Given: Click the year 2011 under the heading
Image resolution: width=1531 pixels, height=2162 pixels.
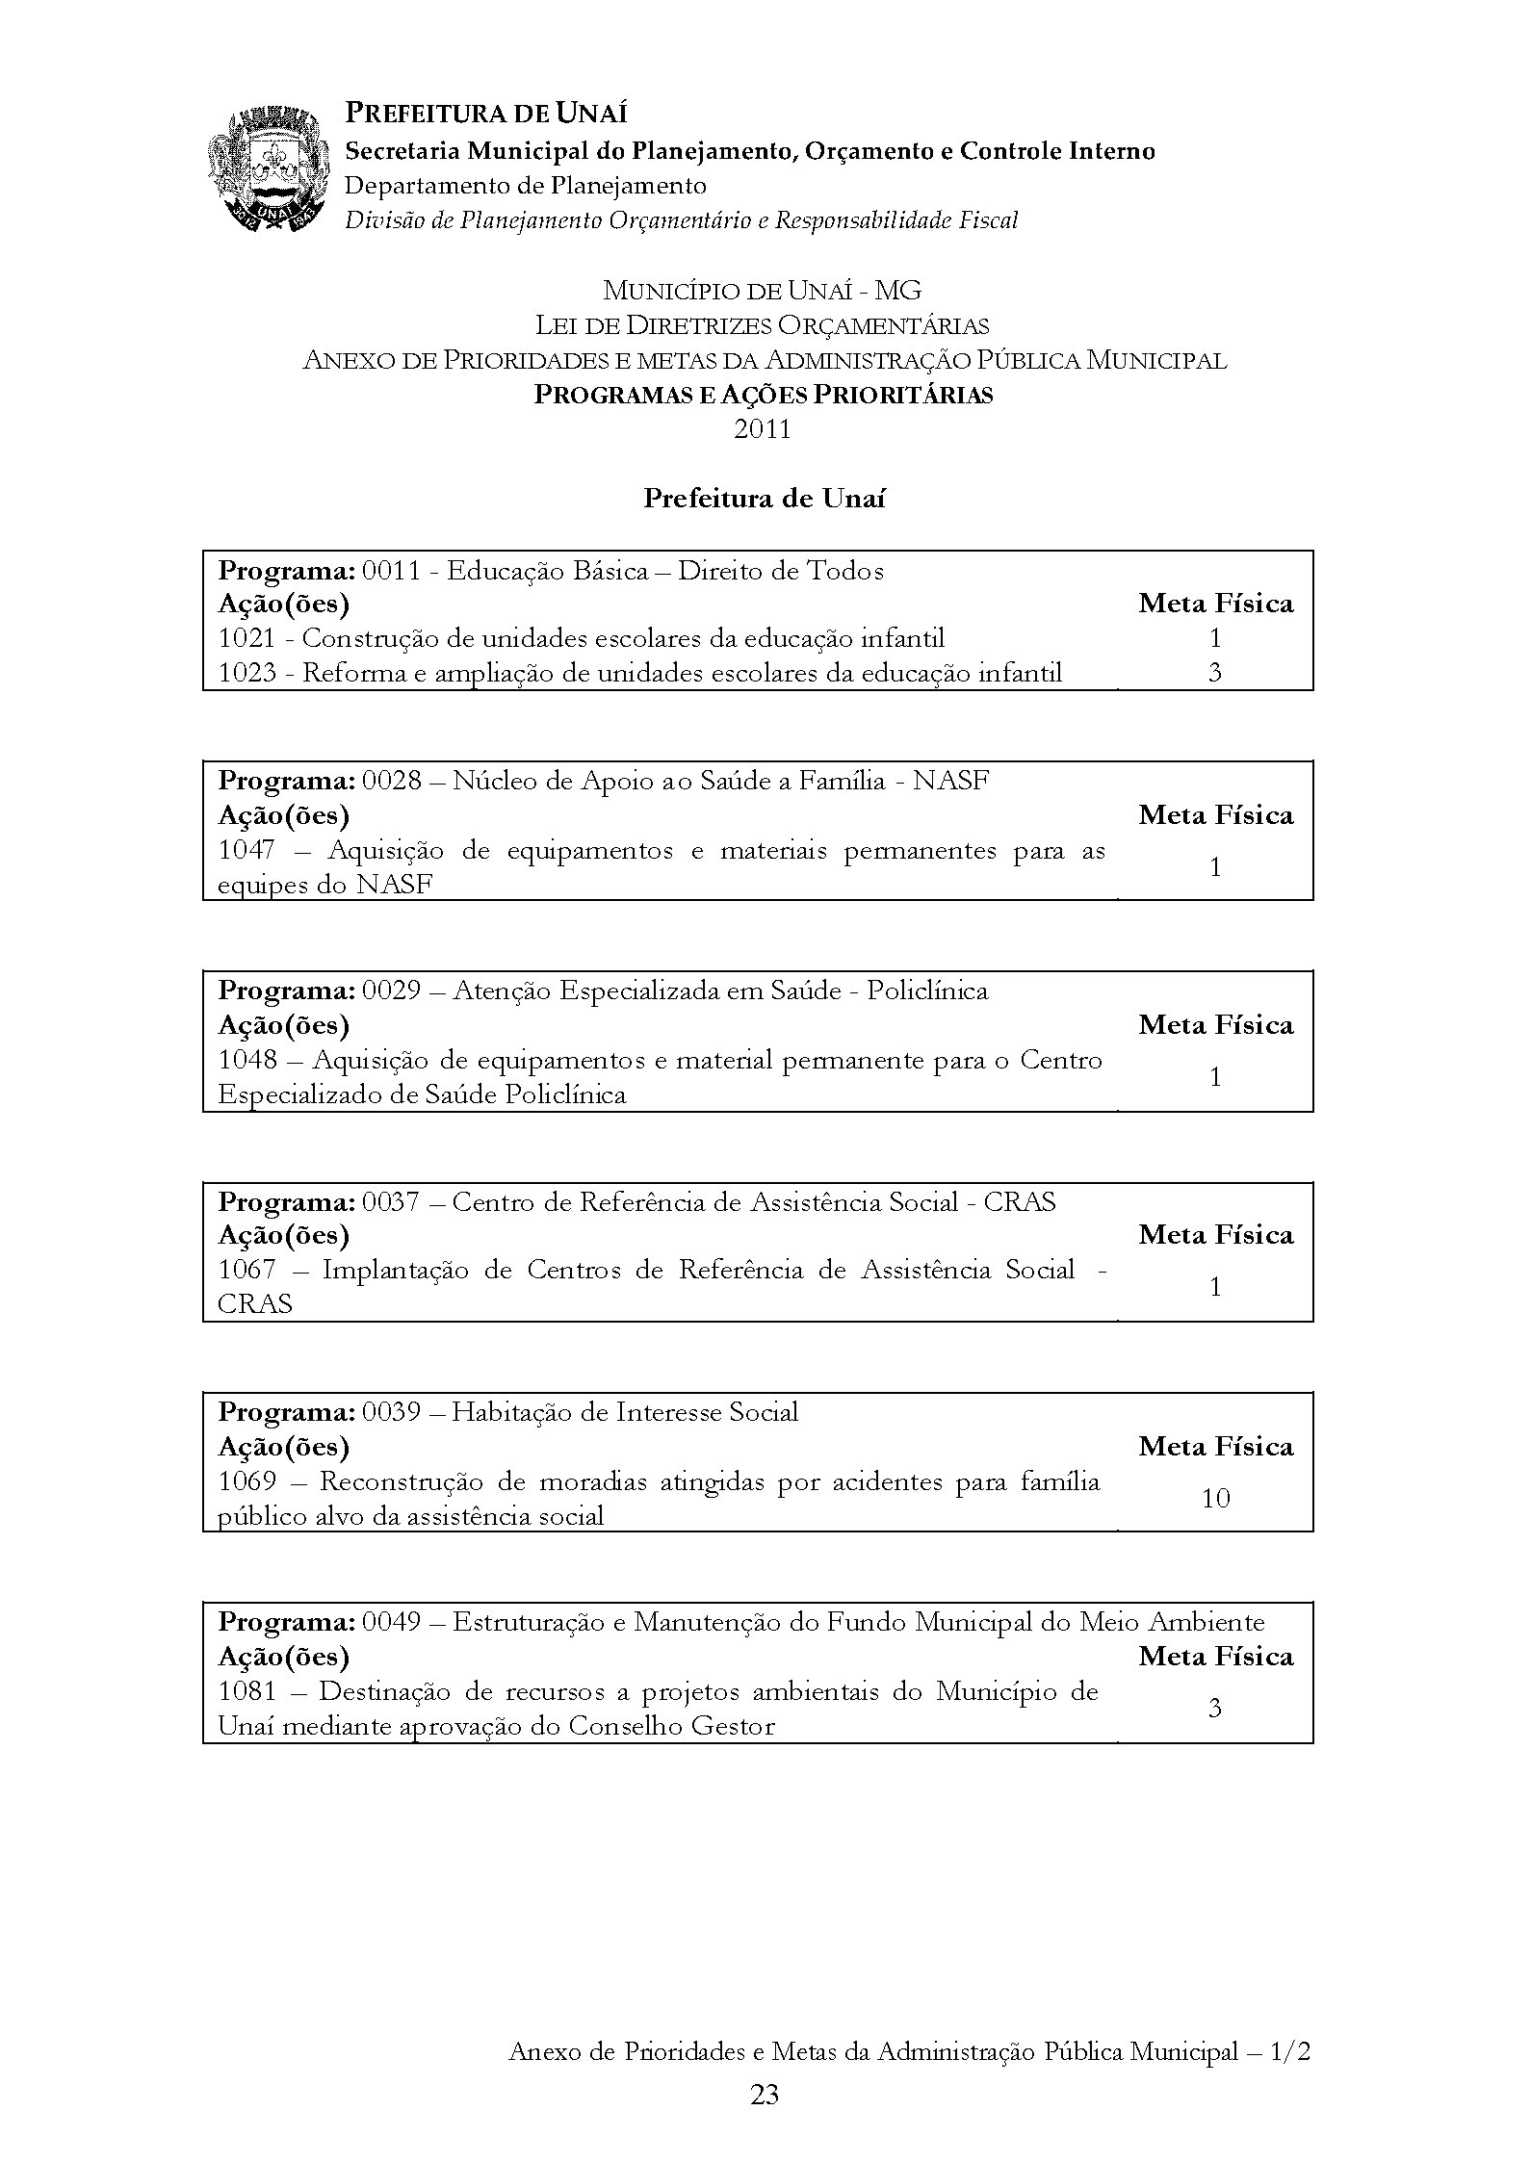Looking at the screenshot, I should (x=763, y=429).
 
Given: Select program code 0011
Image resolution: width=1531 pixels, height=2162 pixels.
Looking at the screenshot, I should (x=391, y=571).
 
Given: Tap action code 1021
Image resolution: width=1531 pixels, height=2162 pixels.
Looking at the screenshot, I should (x=247, y=638).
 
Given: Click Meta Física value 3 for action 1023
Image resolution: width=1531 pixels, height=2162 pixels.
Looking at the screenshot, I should (x=1215, y=673).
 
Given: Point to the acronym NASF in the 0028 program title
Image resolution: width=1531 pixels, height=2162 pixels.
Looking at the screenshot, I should (x=950, y=781).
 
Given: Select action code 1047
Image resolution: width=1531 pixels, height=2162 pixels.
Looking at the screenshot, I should (x=247, y=851).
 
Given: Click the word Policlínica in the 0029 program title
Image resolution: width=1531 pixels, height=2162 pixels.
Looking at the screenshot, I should (x=927, y=991).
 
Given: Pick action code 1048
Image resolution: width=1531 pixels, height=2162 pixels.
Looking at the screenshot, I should (x=247, y=1061).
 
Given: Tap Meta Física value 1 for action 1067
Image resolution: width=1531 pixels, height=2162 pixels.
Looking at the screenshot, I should (x=1215, y=1287).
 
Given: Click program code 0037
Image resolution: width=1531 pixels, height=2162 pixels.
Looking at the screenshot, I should (x=391, y=1202).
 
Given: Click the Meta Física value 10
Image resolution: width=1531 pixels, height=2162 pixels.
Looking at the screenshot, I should (x=1215, y=1499).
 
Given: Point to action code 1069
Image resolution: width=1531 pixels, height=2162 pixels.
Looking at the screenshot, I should (x=247, y=1482).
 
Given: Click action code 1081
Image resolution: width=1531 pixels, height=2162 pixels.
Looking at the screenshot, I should (x=247, y=1691).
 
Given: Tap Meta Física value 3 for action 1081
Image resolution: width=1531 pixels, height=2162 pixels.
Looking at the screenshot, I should (x=1215, y=1709).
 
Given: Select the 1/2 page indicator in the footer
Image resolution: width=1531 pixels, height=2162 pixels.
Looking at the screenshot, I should (x=1290, y=2051).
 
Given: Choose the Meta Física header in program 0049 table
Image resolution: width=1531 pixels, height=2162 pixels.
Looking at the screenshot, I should (x=1215, y=1657).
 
